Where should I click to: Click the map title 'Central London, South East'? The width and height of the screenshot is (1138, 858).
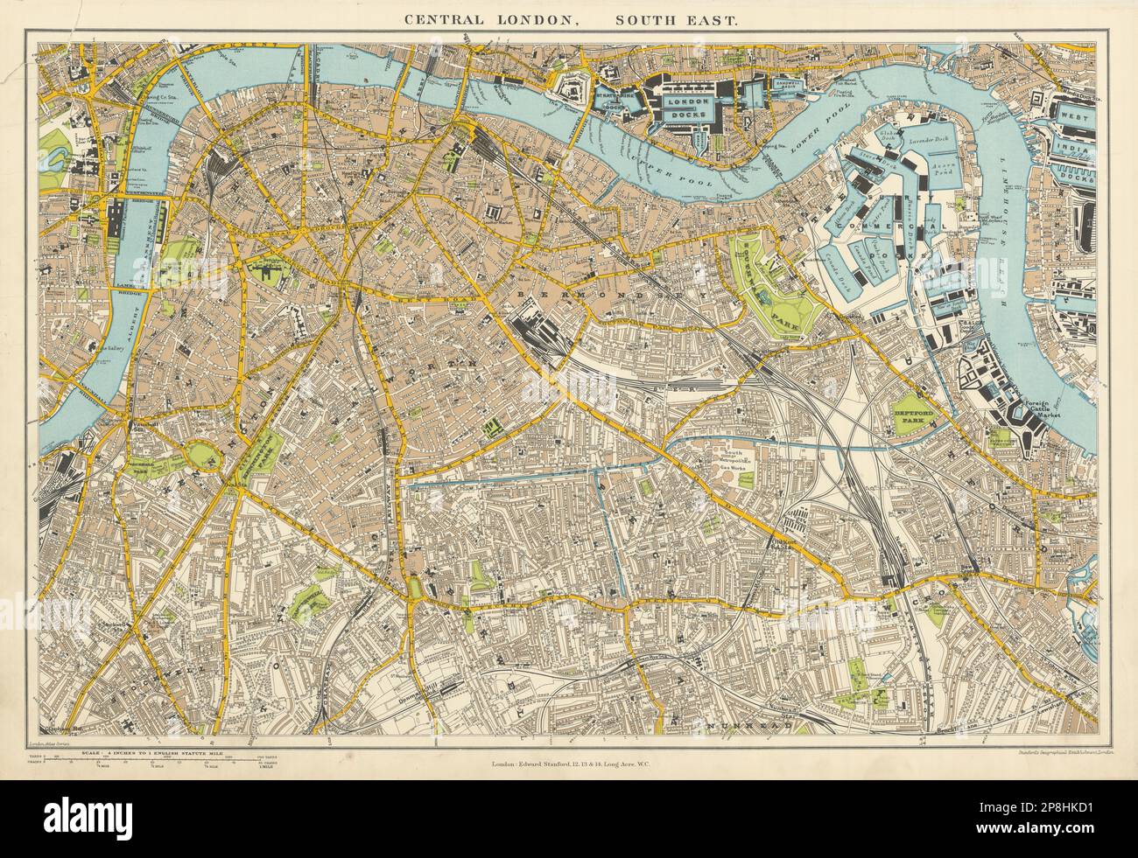tap(568, 17)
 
